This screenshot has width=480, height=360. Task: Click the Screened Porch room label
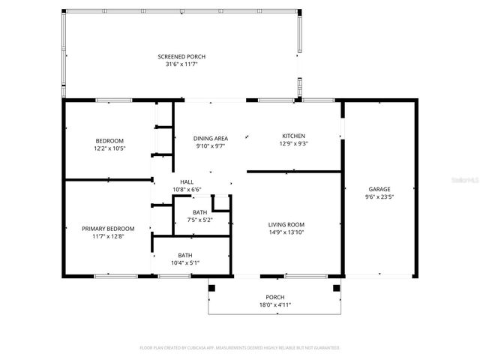point(181,57)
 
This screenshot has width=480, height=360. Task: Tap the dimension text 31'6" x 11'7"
point(181,64)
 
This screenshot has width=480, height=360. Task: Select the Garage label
point(379,189)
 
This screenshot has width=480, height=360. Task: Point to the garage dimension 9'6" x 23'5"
point(379,196)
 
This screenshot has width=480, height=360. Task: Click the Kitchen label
point(293,136)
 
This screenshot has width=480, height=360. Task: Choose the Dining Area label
point(210,139)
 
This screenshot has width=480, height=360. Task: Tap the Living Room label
point(286,224)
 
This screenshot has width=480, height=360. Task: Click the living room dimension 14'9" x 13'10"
point(286,232)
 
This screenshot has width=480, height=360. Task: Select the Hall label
point(187,182)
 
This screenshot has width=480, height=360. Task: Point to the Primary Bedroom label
point(109,229)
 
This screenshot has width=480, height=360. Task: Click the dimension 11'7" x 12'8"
point(109,236)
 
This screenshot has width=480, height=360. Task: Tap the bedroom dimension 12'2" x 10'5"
point(109,148)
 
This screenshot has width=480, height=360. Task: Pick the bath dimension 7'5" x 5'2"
point(199,220)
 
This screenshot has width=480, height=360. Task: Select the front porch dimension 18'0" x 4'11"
point(275,305)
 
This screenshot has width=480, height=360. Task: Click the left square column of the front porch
point(211,287)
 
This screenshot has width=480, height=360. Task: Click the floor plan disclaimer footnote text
point(240,348)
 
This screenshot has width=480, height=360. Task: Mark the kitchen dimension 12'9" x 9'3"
point(293,143)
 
